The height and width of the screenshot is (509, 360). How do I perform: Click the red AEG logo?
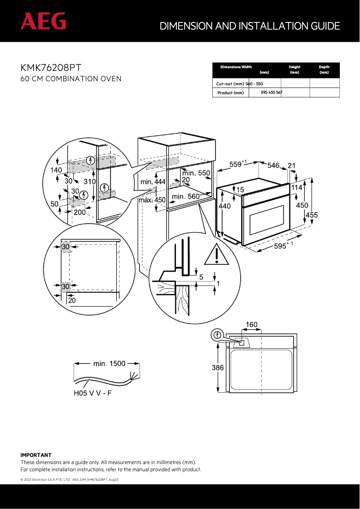[x=43, y=21]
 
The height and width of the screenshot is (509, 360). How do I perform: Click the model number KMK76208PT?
[x=51, y=68]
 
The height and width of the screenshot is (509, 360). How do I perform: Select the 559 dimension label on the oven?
[x=237, y=165]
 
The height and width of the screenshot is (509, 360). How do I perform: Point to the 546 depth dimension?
[x=273, y=166]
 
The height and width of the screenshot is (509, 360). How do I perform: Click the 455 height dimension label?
[x=312, y=215]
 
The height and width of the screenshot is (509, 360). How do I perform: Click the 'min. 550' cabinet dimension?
[x=196, y=173]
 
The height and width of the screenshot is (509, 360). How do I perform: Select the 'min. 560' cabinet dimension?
[x=185, y=196]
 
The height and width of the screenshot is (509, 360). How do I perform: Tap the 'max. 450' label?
[x=152, y=200]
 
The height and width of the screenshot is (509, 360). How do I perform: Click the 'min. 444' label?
[x=153, y=182]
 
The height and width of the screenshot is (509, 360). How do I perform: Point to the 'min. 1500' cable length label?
[x=109, y=364]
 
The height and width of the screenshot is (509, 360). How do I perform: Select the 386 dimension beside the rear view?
[x=218, y=368]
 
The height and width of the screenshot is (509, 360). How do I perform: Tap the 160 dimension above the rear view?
[x=251, y=325]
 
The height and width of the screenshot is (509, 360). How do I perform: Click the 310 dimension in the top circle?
[x=90, y=181]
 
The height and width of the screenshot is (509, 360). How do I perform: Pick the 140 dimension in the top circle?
[x=56, y=170]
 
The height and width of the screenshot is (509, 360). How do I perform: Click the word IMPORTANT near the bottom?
[x=36, y=455]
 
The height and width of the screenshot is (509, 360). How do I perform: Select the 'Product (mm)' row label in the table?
[x=230, y=93]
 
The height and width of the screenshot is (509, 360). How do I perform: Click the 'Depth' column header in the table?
[x=324, y=67]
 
